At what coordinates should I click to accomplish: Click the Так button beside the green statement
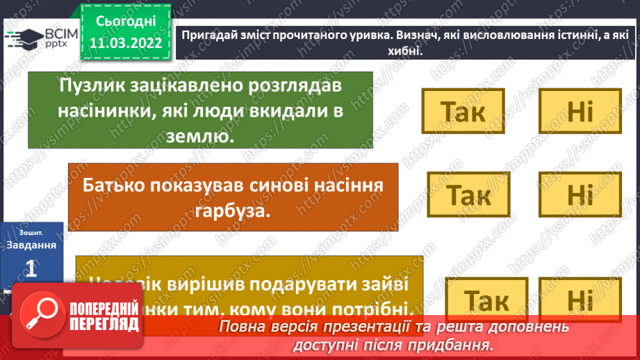pos(463,111)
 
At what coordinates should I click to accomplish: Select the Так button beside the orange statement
pos(468,195)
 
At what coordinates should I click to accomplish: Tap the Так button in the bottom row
pos(486,300)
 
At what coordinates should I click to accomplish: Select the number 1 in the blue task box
pos(30,269)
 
